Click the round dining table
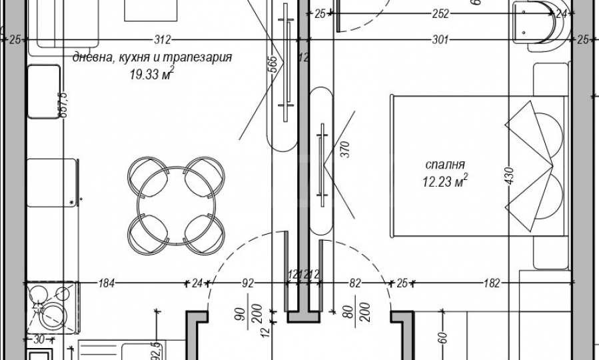[176, 205]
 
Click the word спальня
[445, 164]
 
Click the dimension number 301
[439, 40]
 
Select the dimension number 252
[440, 13]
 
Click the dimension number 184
[107, 283]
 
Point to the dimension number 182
[491, 283]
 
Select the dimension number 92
[248, 283]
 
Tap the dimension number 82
[354, 283]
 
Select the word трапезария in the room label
[199, 58]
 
